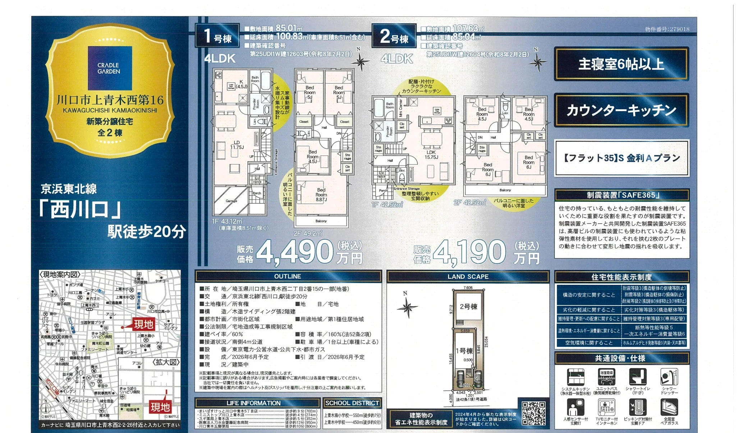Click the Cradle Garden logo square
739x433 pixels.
pos(110,68)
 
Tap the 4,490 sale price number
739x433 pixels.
pos(295,252)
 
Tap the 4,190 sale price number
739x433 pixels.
pos(469,252)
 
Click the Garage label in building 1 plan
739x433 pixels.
pos(231,201)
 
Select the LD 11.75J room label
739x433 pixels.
pos(237,145)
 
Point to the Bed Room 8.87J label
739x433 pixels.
pos(321,195)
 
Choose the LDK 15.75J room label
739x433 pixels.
pos(431,155)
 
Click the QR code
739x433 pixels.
pos(533,413)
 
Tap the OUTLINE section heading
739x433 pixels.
pos(288,276)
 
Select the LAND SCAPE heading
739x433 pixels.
pos(468,277)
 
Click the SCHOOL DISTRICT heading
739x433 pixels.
pos(352,403)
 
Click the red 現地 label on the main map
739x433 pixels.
pos(143,325)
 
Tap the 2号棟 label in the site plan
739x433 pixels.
pos(468,307)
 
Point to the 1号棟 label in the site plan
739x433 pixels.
pos(464,351)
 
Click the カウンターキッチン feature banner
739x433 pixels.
pos(621,110)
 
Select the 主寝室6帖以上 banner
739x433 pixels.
pos(621,64)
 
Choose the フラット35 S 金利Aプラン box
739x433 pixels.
pos(621,158)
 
